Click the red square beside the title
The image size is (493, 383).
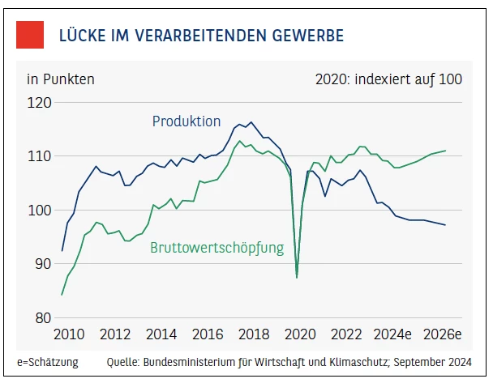(x=30, y=36)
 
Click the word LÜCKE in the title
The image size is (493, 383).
(x=84, y=36)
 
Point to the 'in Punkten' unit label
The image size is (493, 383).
(x=61, y=79)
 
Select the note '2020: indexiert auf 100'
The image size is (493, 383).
(x=388, y=79)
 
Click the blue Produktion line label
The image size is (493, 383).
(x=186, y=121)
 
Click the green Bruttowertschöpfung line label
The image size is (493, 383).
(x=217, y=249)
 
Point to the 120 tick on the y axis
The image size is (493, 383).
(x=39, y=103)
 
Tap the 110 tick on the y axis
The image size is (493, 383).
(x=39, y=156)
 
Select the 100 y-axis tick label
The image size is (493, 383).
(x=39, y=211)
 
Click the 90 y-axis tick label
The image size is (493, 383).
(x=42, y=264)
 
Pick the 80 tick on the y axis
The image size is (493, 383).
(x=42, y=317)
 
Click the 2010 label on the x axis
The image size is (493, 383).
(x=68, y=334)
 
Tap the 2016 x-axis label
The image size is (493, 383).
(x=208, y=334)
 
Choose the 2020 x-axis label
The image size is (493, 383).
(x=301, y=334)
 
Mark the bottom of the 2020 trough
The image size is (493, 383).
(x=297, y=277)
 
